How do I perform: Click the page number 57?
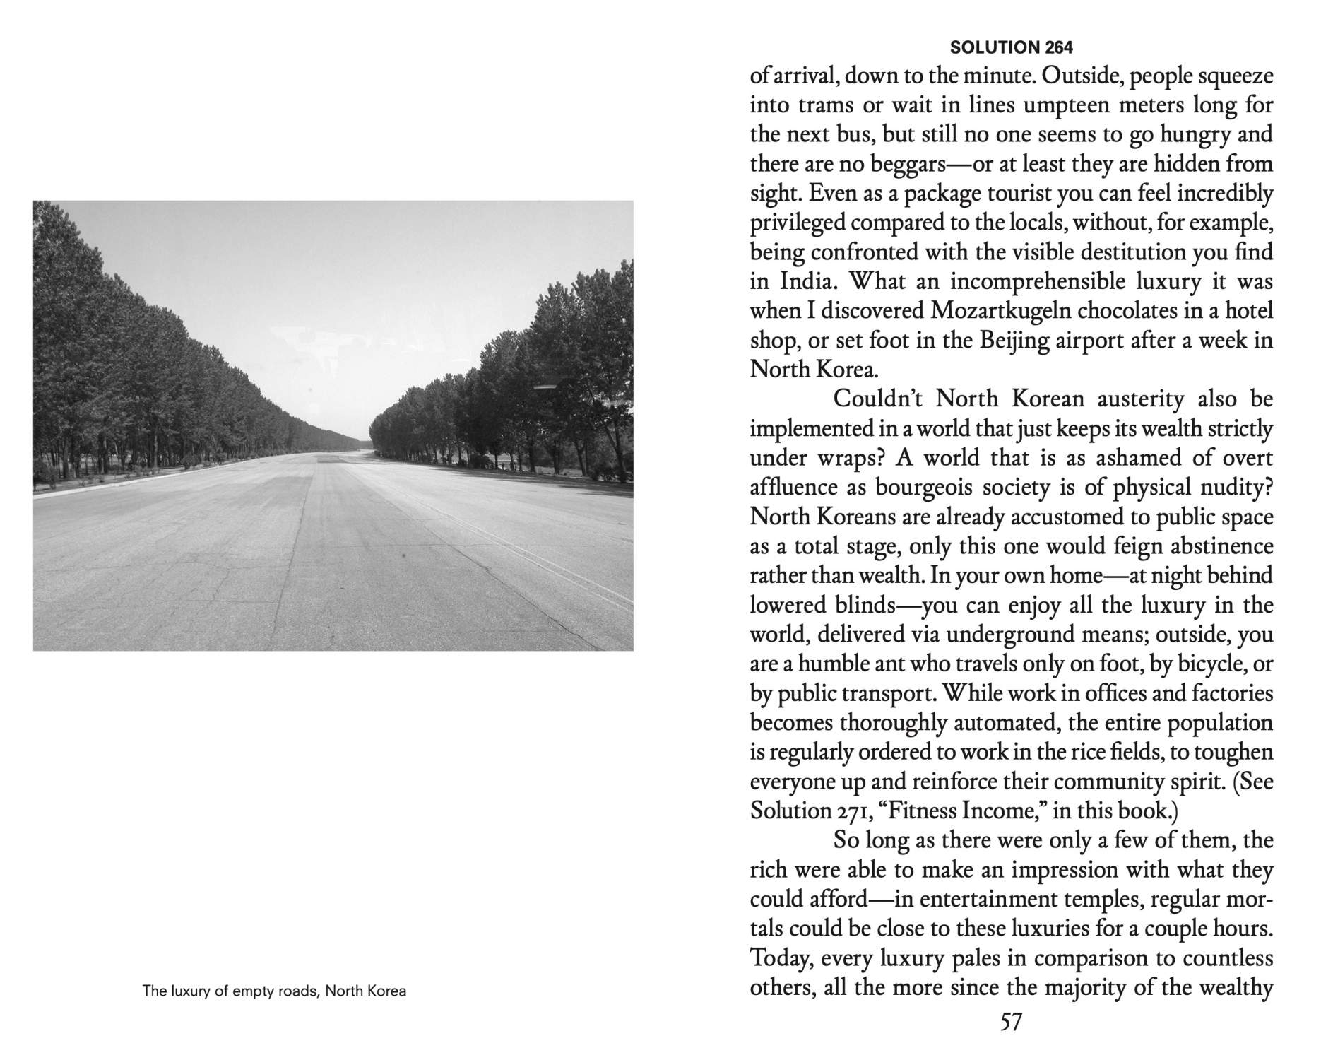click(x=1011, y=1022)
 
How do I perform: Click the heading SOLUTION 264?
click(x=1011, y=48)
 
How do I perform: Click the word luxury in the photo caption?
click(x=187, y=991)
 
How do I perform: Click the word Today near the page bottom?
click(x=775, y=958)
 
